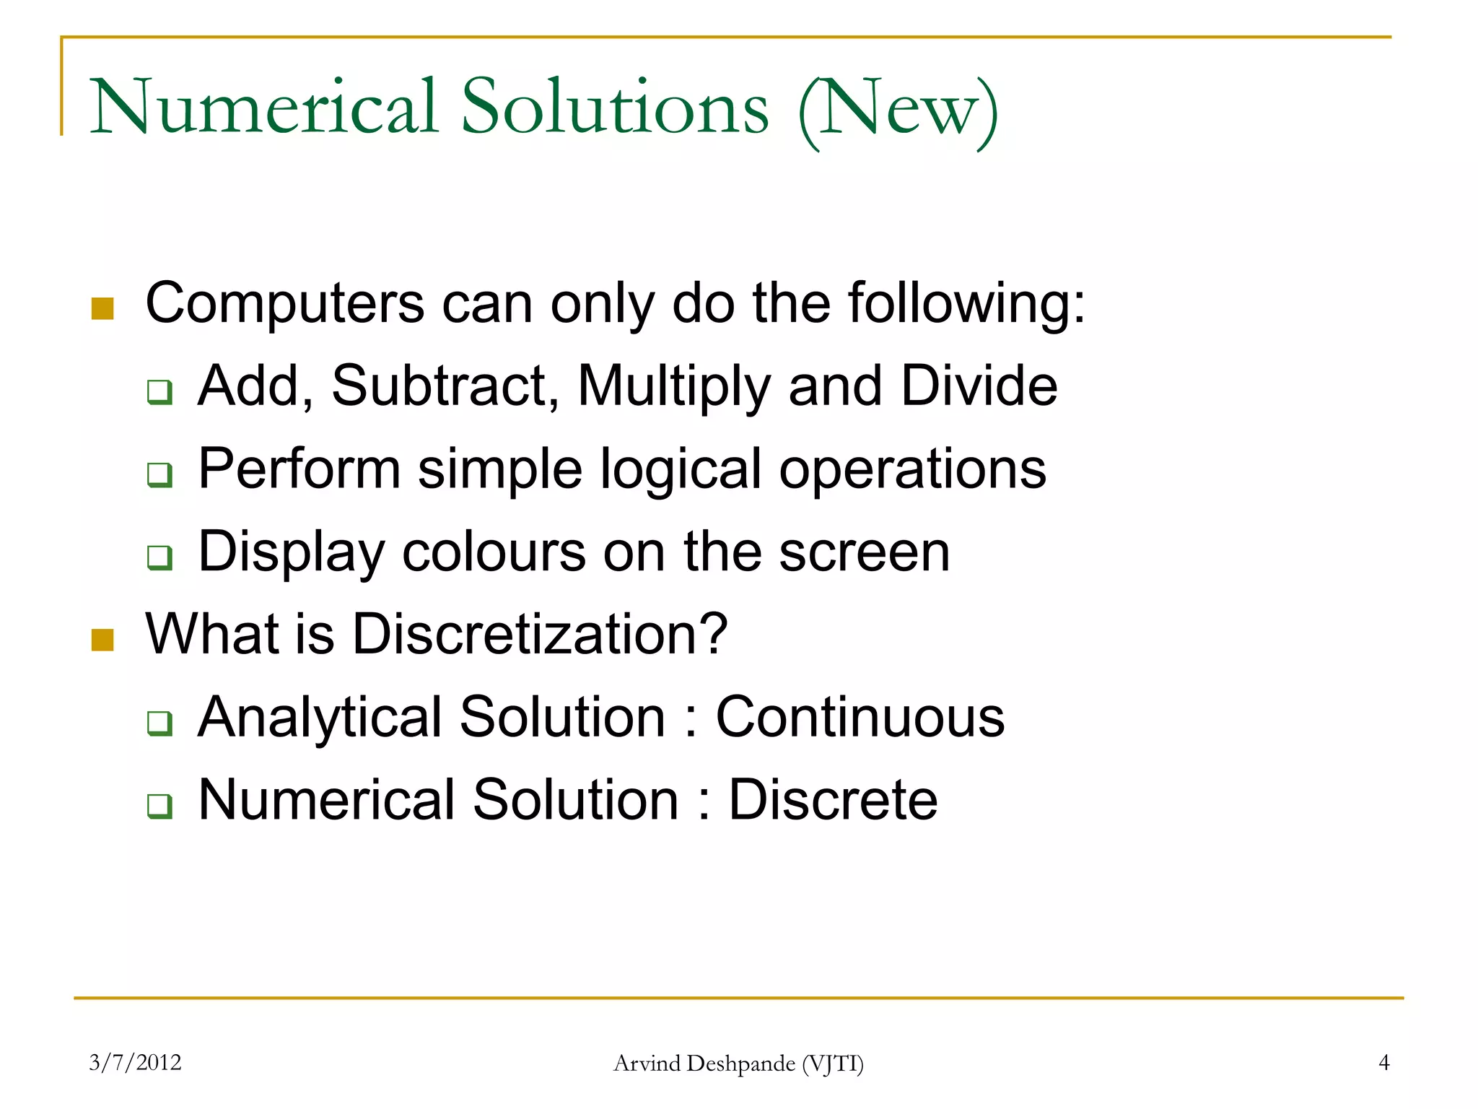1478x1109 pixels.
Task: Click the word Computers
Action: pyautogui.click(x=284, y=303)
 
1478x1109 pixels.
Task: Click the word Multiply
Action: pyautogui.click(x=674, y=388)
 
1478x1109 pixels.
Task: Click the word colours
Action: pyautogui.click(x=494, y=552)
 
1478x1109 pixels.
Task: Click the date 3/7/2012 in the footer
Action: pyautogui.click(x=135, y=1062)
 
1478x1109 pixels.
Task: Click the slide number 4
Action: pyautogui.click(x=1383, y=1062)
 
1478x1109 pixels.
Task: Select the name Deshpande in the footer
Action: pyautogui.click(x=742, y=1064)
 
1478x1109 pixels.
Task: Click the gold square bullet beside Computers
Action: pyautogui.click(x=102, y=308)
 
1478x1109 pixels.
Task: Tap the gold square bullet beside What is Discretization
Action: pyautogui.click(x=102, y=640)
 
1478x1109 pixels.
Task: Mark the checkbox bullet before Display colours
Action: pyautogui.click(x=159, y=557)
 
